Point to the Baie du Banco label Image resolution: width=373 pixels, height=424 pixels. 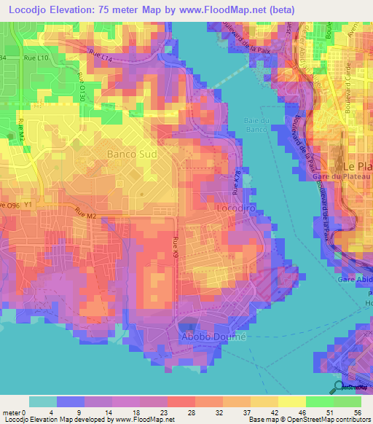point(256,126)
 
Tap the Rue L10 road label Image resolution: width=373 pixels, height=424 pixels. point(46,58)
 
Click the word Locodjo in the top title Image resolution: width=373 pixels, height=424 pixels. point(34,9)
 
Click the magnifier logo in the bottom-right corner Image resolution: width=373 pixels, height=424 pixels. point(338,387)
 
